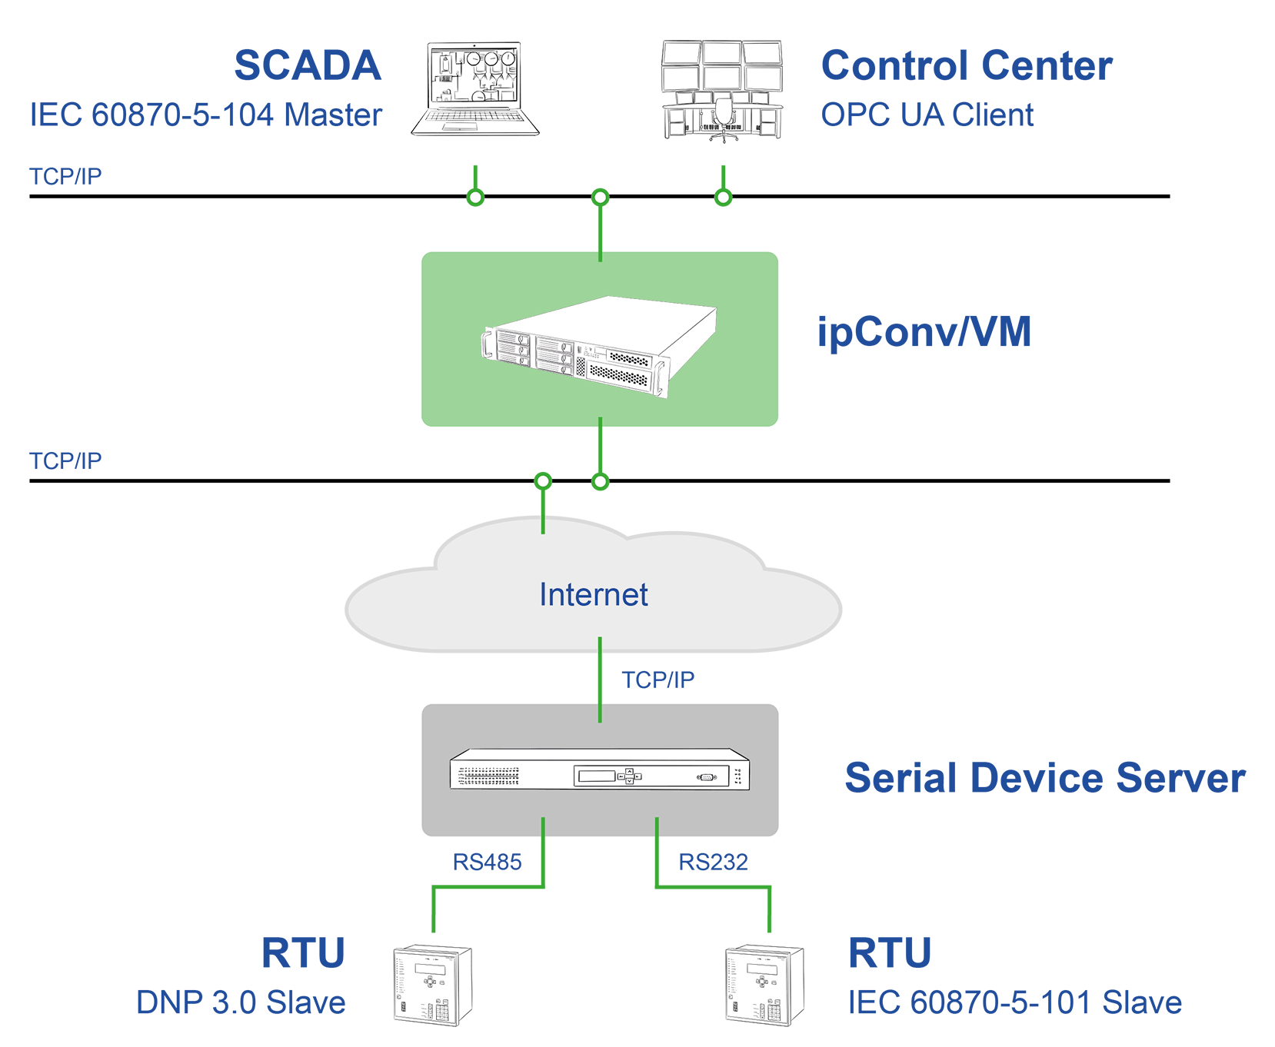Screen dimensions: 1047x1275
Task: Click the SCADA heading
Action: pyautogui.click(x=308, y=65)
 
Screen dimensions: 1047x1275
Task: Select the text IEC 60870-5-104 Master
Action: pyautogui.click(x=205, y=115)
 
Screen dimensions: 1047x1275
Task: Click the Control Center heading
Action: pyautogui.click(x=967, y=65)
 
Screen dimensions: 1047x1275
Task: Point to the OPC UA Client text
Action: pyautogui.click(x=927, y=115)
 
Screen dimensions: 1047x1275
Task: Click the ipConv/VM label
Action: pyautogui.click(x=924, y=332)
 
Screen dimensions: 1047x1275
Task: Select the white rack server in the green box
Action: pyautogui.click(x=600, y=346)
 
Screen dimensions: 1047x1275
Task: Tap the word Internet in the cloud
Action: pyautogui.click(x=594, y=594)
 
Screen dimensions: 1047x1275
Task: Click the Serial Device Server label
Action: pyautogui.click(x=1045, y=778)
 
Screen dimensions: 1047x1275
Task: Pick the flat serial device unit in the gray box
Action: pyautogui.click(x=600, y=769)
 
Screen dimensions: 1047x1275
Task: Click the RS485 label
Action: pyautogui.click(x=487, y=863)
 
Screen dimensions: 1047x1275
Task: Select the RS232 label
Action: pyautogui.click(x=713, y=863)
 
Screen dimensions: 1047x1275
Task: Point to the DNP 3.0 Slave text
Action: pyautogui.click(x=241, y=1002)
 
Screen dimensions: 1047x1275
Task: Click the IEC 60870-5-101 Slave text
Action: pyautogui.click(x=1014, y=1002)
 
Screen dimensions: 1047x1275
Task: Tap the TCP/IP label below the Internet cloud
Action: pyautogui.click(x=657, y=680)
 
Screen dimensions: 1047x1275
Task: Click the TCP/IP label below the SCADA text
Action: pyautogui.click(x=65, y=177)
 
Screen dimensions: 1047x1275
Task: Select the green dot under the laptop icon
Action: pyautogui.click(x=475, y=198)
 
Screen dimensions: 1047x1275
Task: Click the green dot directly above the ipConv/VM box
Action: pyautogui.click(x=601, y=198)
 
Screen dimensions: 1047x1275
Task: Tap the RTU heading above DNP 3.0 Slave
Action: pyautogui.click(x=303, y=953)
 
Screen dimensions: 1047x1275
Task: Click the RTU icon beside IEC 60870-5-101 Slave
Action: pyautogui.click(x=764, y=986)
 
